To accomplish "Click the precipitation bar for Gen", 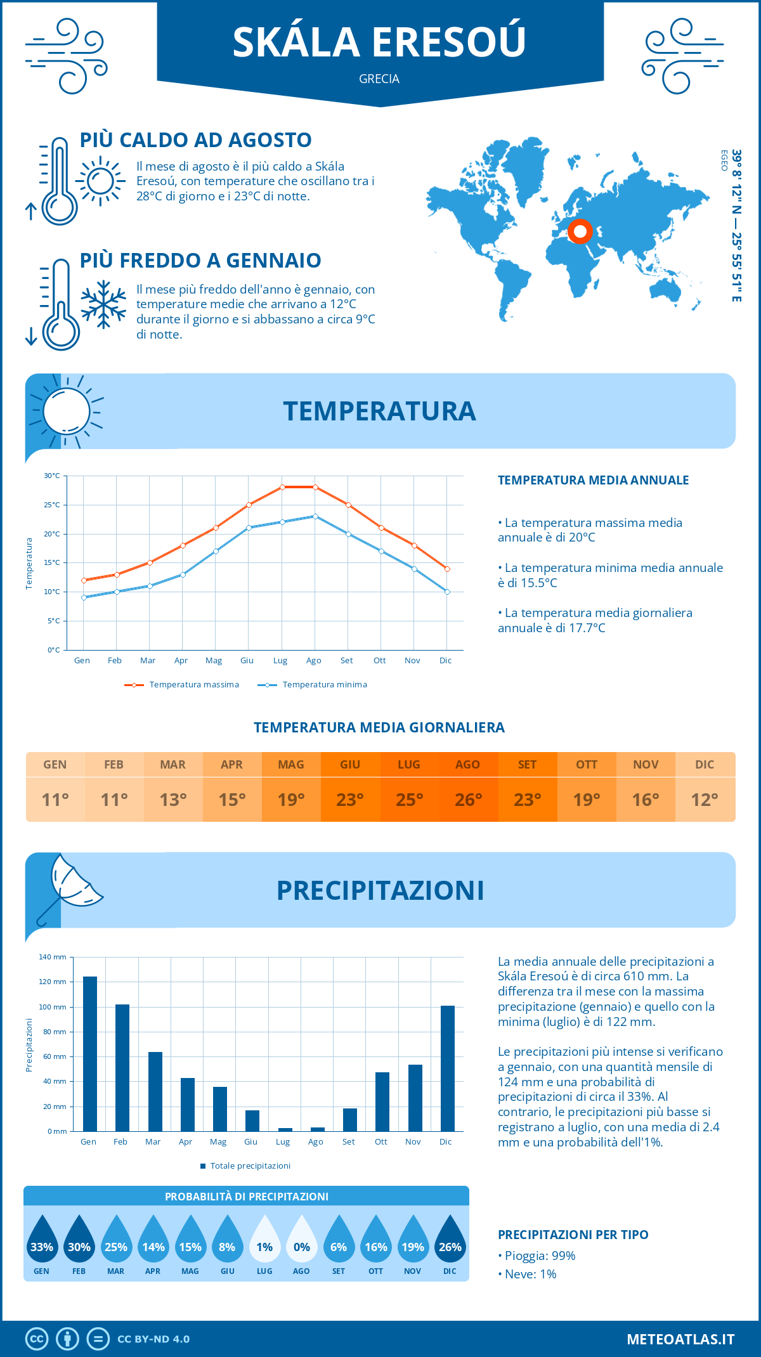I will (90, 1053).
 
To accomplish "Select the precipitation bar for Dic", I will (448, 1068).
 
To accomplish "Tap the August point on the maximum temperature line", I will (315, 487).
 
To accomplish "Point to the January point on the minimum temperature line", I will (84, 597).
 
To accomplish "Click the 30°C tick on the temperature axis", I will (52, 476).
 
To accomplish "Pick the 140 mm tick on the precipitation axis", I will (53, 957).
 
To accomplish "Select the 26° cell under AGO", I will (468, 800).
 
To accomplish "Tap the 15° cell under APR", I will (232, 800).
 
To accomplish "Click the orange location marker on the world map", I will (580, 231).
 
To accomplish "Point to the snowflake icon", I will (103, 304).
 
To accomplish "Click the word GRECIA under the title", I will (379, 79).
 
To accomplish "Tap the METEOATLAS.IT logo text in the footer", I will (680, 1339).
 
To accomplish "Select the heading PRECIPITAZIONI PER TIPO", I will (573, 1235).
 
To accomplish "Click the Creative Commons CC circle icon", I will (37, 1339).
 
